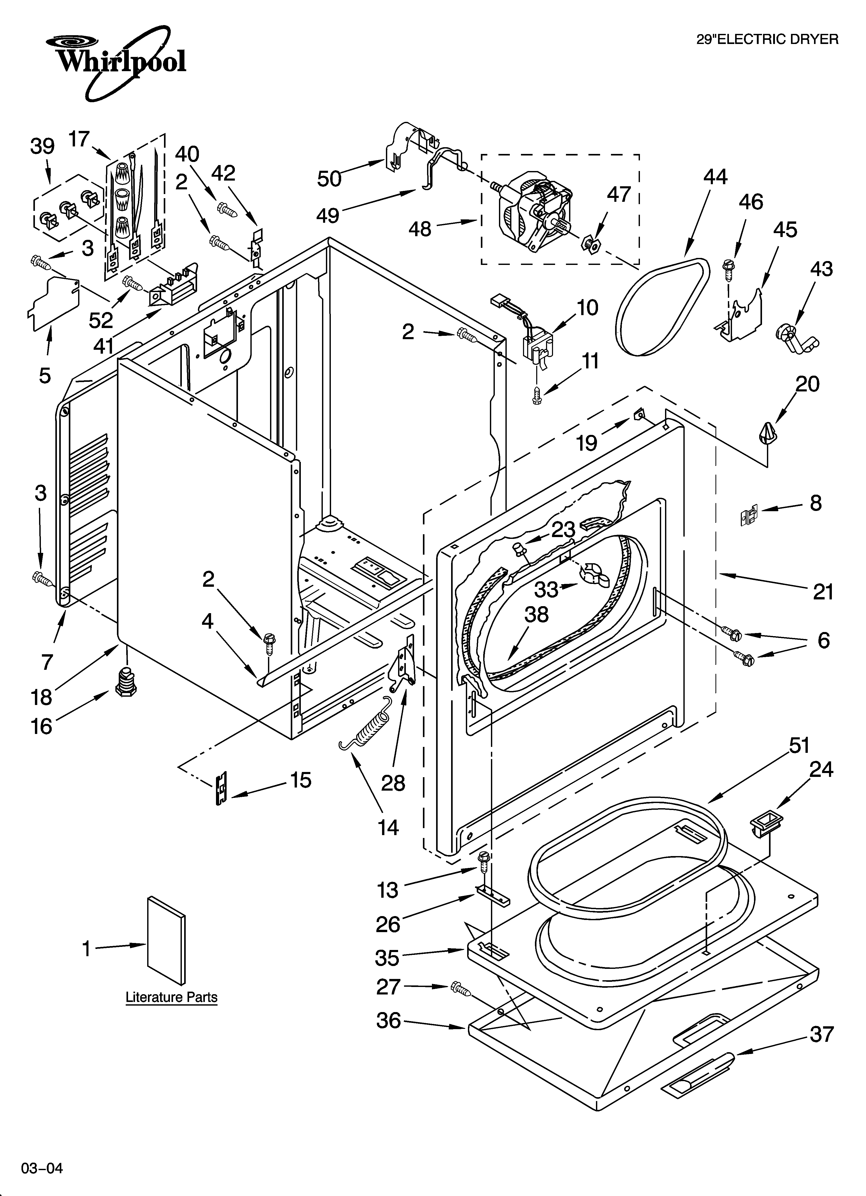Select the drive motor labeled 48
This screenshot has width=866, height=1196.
click(x=533, y=214)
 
